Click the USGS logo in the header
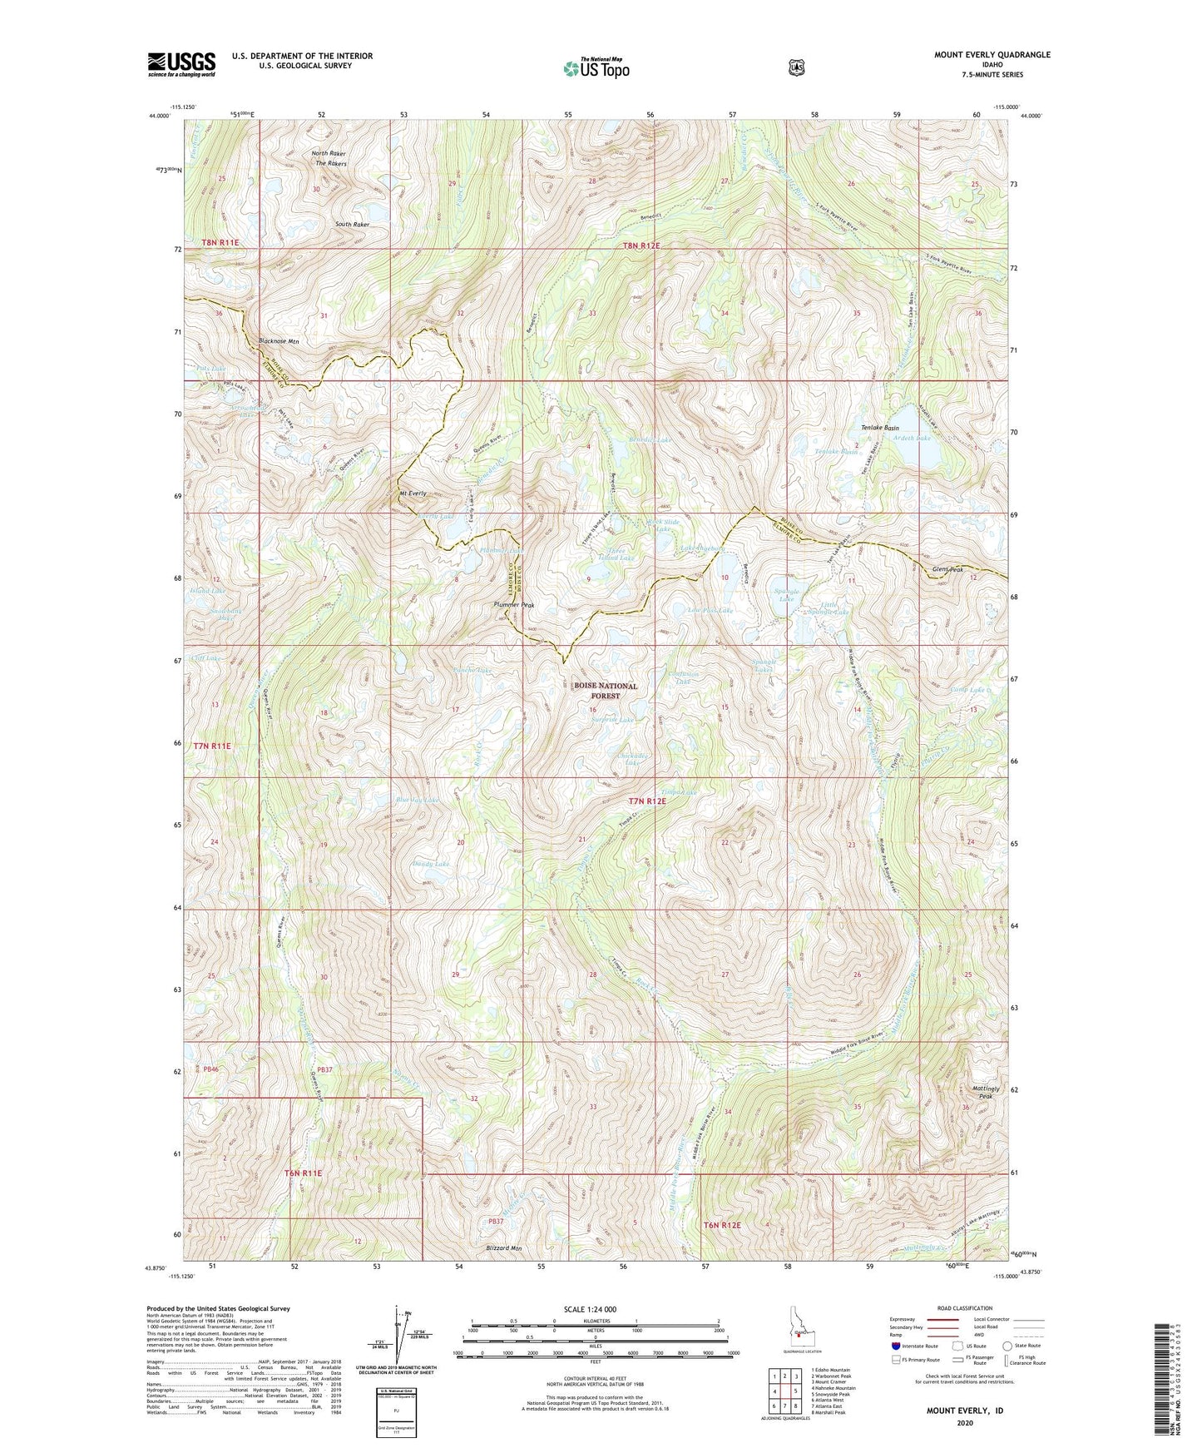(181, 64)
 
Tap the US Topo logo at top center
(596, 68)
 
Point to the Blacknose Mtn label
(279, 341)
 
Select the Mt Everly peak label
(413, 493)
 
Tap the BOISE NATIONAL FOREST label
(606, 691)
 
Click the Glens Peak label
(946, 569)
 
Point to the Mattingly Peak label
(982, 1091)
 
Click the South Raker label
(352, 225)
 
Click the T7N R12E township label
(647, 801)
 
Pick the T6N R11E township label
(303, 1173)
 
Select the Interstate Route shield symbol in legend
(895, 1346)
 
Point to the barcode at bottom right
(1165, 1381)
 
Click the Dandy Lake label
(431, 864)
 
